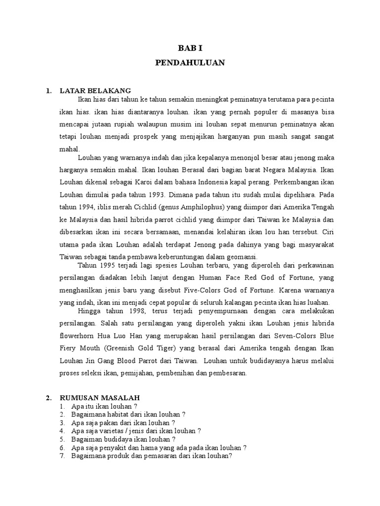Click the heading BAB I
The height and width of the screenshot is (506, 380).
point(190,48)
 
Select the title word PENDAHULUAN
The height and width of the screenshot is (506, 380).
point(190,63)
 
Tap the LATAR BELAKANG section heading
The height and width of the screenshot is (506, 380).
point(95,90)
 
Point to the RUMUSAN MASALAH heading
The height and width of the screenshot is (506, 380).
point(99,397)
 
